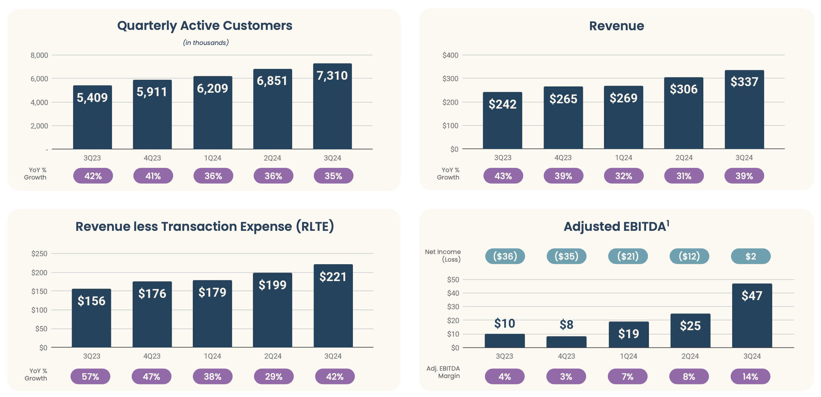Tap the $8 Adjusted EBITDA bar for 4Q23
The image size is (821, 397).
[x=566, y=342]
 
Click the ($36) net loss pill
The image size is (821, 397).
[x=505, y=256]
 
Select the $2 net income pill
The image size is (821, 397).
[x=750, y=256]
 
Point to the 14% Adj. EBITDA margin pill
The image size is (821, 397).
[x=750, y=377]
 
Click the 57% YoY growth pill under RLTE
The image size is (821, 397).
[x=90, y=377]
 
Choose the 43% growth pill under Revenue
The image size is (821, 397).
[x=503, y=176]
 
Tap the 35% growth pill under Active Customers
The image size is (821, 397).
[x=333, y=176]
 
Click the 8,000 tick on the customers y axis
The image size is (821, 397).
[x=39, y=55]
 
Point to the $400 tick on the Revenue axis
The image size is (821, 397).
[x=450, y=55]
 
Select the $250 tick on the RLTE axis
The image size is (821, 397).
[x=39, y=254]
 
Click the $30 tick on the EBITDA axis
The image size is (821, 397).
[x=453, y=307]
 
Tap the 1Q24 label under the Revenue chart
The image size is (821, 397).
[x=623, y=158]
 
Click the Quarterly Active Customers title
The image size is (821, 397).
[x=205, y=26]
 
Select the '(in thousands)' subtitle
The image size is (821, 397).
[x=206, y=43]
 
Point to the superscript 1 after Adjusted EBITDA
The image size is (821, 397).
[x=668, y=222]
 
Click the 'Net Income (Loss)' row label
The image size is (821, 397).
[x=443, y=256]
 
